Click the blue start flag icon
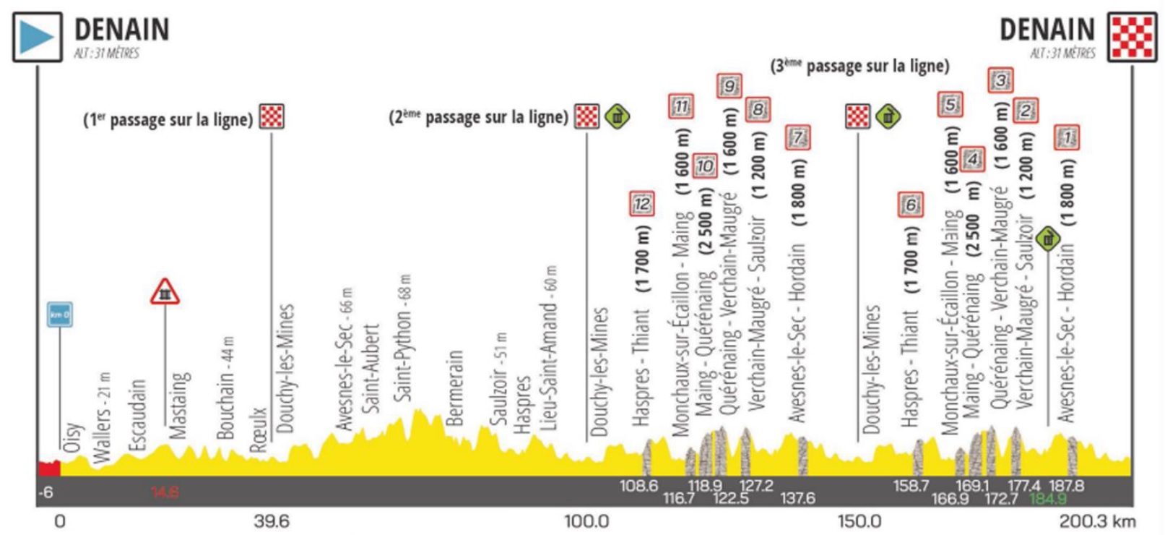[37, 37]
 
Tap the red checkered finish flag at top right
[1132, 37]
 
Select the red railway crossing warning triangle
[165, 291]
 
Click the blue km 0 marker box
[59, 314]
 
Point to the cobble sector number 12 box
[641, 204]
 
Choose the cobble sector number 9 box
[729, 86]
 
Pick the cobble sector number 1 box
[1067, 137]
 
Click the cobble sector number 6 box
[911, 205]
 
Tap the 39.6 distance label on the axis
[272, 521]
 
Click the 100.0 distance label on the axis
[586, 521]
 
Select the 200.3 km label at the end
[1097, 521]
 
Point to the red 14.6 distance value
[165, 492]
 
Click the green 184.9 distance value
[1047, 499]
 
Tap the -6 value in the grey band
[46, 492]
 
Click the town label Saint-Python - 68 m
[402, 338]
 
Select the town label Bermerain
[454, 388]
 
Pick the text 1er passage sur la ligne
[168, 119]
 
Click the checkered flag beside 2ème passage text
[586, 116]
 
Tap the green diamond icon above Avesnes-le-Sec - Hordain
[1047, 238]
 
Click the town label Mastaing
[178, 405]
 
